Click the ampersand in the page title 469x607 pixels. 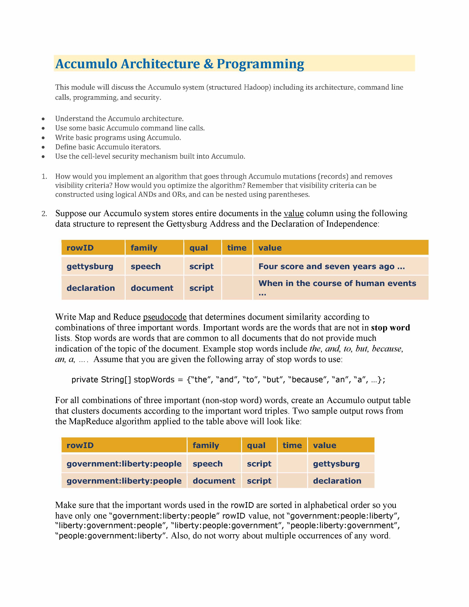(x=208, y=64)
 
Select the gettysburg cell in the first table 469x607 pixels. (x=90, y=266)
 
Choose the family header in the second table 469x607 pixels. (x=206, y=445)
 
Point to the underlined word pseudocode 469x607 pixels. (x=164, y=317)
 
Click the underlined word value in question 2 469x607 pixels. (x=293, y=213)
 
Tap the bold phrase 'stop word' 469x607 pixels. (x=390, y=328)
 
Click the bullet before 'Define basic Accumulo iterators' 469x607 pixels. (x=43, y=147)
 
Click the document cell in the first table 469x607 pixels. (x=152, y=288)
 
